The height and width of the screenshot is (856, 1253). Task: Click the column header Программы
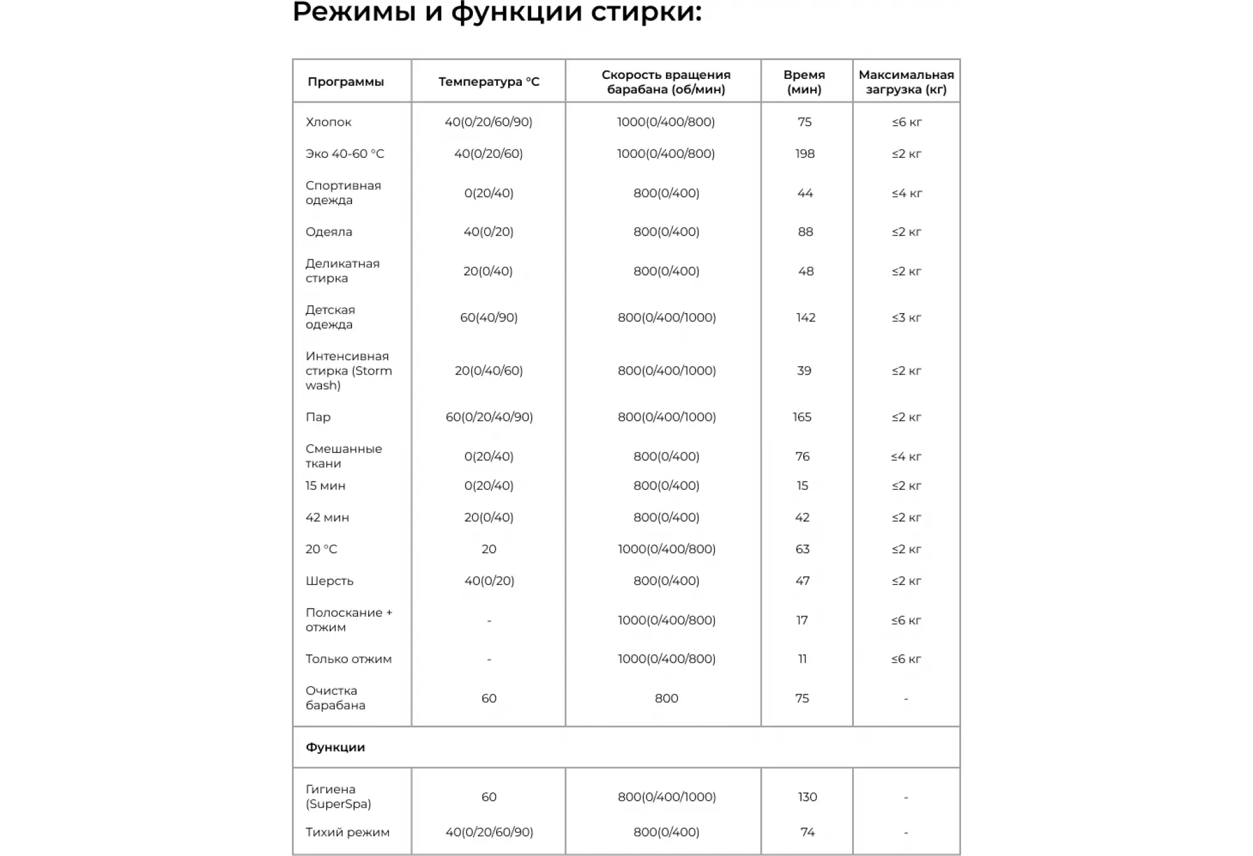pyautogui.click(x=345, y=82)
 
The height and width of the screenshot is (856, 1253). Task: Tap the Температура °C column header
pyautogui.click(x=489, y=82)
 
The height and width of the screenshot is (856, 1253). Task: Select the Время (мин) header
pyautogui.click(x=804, y=82)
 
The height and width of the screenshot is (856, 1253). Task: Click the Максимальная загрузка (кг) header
pyautogui.click(x=906, y=82)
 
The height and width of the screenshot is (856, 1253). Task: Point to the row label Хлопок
pyautogui.click(x=328, y=122)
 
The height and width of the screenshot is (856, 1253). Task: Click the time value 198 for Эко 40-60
pyautogui.click(x=805, y=154)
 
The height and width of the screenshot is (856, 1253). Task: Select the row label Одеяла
pyautogui.click(x=329, y=232)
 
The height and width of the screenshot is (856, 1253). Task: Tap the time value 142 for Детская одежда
pyautogui.click(x=806, y=317)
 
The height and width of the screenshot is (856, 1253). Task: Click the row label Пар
pyautogui.click(x=318, y=417)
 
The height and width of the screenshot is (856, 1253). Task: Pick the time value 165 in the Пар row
pyautogui.click(x=802, y=417)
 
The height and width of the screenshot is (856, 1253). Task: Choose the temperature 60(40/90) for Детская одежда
pyautogui.click(x=489, y=317)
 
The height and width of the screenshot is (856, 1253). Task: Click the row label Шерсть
pyautogui.click(x=330, y=581)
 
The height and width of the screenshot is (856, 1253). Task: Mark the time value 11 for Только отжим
pyautogui.click(x=803, y=659)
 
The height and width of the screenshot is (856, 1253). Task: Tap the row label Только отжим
pyautogui.click(x=348, y=659)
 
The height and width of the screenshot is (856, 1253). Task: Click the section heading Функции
pyautogui.click(x=335, y=747)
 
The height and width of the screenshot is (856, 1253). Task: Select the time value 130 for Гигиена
pyautogui.click(x=808, y=797)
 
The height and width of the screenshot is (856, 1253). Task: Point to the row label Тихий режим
pyautogui.click(x=348, y=832)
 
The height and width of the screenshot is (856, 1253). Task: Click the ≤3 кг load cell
pyautogui.click(x=907, y=317)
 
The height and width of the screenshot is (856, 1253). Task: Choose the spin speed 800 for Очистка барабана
pyautogui.click(x=666, y=698)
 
